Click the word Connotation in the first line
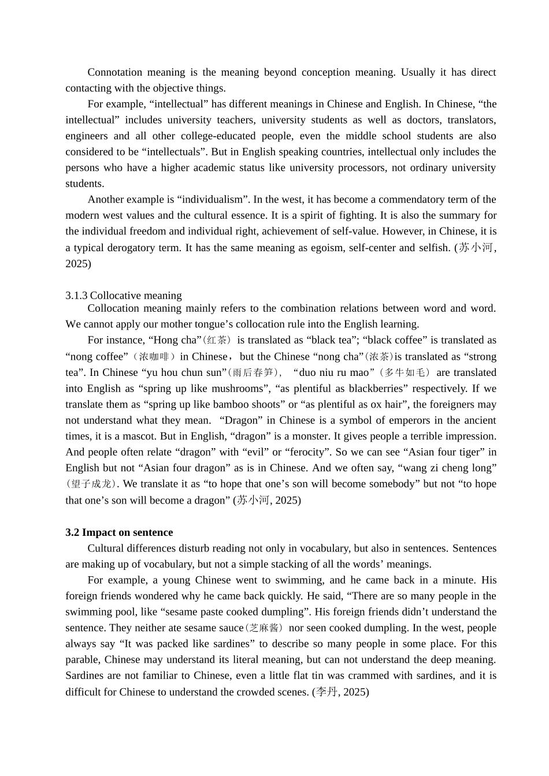click(x=115, y=72)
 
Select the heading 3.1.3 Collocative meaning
click(x=124, y=295)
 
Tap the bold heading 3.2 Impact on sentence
click(x=119, y=532)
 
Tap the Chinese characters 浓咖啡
click(x=154, y=357)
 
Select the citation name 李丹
click(x=327, y=692)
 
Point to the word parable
click(x=82, y=659)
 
